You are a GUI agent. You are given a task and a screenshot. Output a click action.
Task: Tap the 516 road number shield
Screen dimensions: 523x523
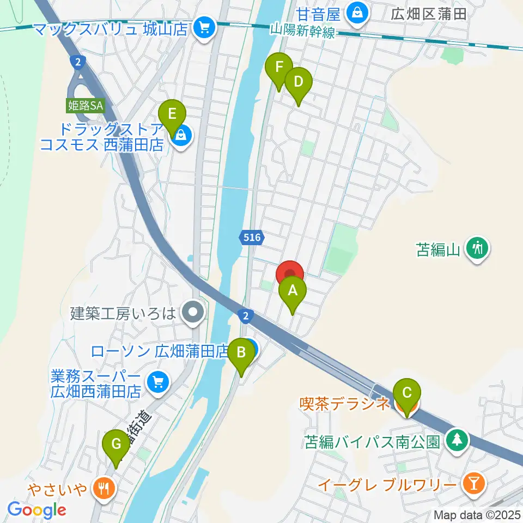click(x=252, y=237)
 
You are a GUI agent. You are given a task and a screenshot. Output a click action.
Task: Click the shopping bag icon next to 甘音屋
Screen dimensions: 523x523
click(x=358, y=10)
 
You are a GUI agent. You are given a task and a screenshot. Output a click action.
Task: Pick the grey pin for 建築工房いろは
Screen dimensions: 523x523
click(x=192, y=313)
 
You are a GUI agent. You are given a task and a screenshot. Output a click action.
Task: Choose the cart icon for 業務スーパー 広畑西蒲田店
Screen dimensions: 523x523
click(x=158, y=383)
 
